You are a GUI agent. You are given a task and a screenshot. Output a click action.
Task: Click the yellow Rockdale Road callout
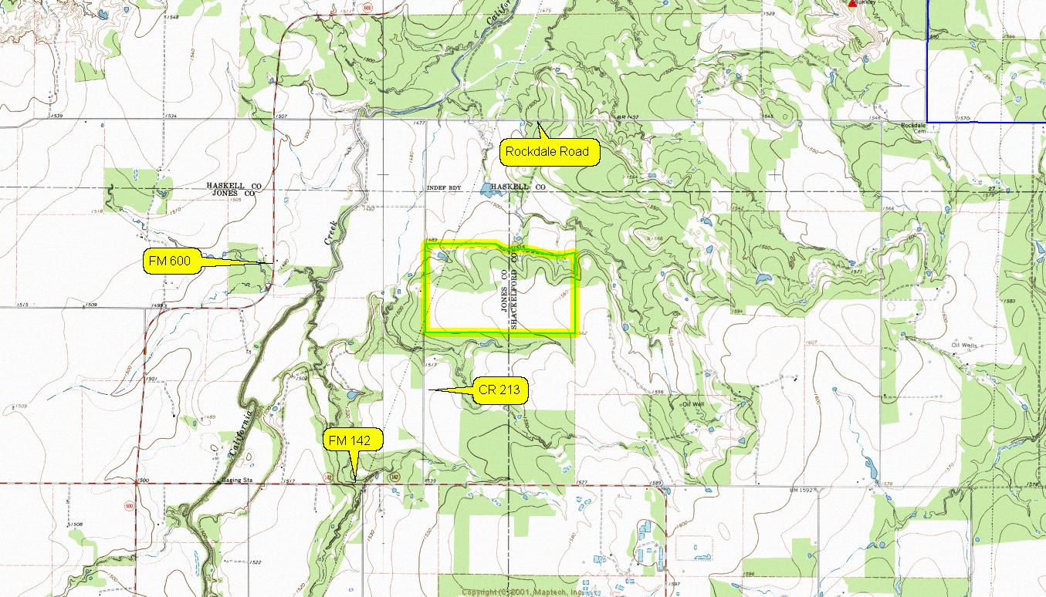point(547,152)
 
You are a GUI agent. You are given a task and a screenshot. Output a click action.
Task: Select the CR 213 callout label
point(499,391)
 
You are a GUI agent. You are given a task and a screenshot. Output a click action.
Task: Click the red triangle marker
point(852,3)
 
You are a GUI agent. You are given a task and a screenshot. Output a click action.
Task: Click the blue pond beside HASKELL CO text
point(488,188)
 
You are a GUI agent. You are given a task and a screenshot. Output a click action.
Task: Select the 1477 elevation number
point(419,123)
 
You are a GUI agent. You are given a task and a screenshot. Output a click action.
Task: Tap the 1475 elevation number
point(546,10)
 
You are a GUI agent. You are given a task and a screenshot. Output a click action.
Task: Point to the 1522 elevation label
point(256,562)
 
